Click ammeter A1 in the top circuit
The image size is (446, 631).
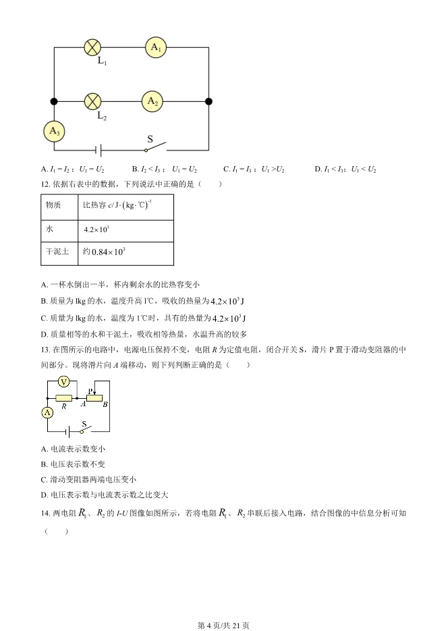155,47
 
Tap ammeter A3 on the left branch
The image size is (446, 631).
54,132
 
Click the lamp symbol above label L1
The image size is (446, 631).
92,47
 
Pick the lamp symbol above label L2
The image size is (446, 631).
92,102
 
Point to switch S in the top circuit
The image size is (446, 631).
156,146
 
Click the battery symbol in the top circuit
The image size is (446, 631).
98,150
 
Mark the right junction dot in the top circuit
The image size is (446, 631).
208,102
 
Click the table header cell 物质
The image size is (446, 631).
53,204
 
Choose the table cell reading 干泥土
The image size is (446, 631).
57,252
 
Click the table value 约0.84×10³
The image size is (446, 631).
104,252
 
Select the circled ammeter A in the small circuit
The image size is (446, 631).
47,412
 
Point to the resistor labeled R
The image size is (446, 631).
64,400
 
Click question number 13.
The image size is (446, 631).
45,350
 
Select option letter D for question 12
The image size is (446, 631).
44,333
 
